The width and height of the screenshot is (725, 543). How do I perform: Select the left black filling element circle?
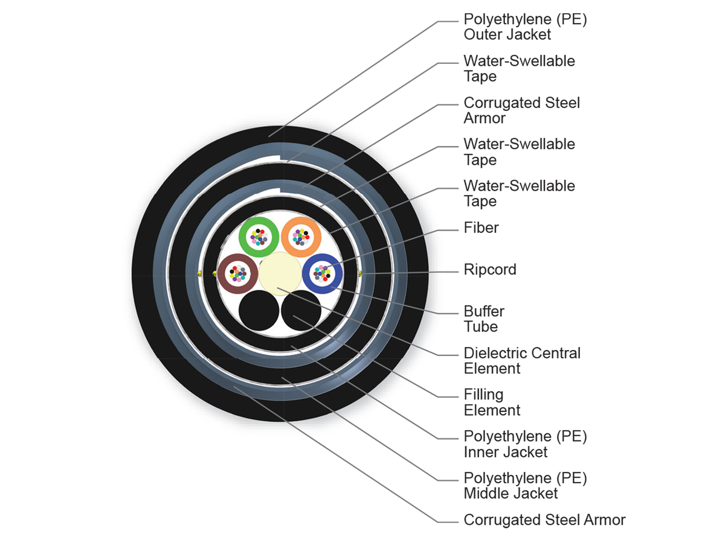[259, 312]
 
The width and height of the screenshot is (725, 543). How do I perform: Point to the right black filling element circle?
[301, 312]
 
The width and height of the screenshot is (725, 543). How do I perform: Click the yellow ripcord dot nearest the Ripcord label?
[361, 274]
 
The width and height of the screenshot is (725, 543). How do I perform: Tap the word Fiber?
[481, 227]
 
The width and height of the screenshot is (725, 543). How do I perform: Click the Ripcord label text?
[490, 269]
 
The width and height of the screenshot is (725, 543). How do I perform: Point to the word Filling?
[483, 395]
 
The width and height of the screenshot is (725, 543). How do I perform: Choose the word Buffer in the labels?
[484, 311]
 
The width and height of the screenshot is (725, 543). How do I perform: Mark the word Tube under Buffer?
[481, 327]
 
